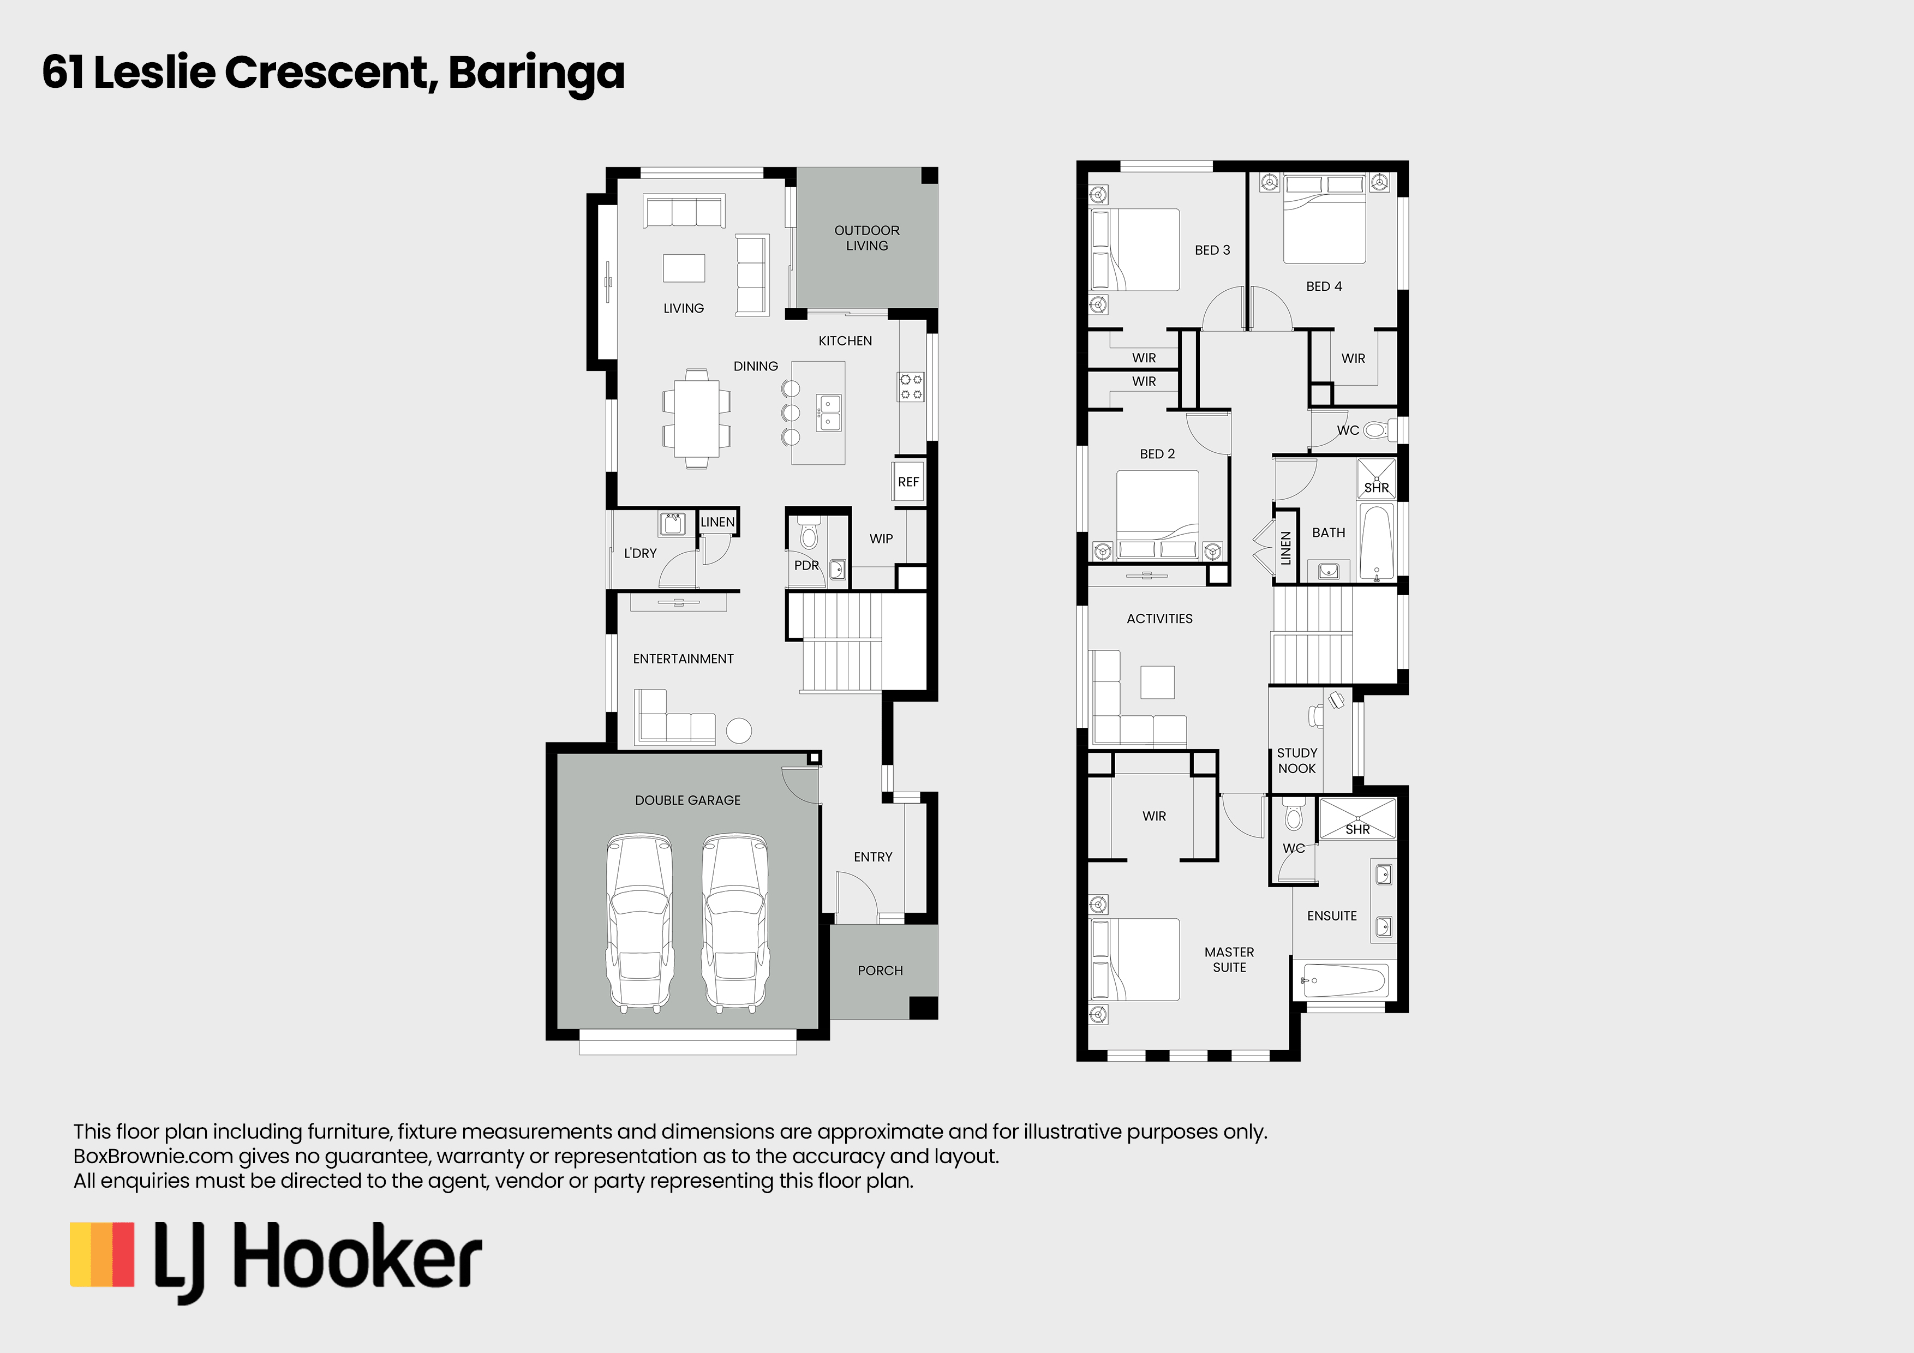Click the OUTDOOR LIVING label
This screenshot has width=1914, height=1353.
click(867, 237)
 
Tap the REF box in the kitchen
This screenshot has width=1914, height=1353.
click(908, 482)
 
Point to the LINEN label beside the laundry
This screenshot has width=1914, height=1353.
click(718, 522)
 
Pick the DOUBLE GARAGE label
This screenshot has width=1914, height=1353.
click(687, 800)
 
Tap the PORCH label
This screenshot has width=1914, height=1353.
click(880, 971)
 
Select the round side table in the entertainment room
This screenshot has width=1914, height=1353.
click(739, 731)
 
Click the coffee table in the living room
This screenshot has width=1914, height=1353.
click(684, 267)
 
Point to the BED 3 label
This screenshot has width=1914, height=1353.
click(1212, 250)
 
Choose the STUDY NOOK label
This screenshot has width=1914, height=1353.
click(1297, 761)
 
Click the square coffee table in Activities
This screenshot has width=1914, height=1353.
click(1157, 682)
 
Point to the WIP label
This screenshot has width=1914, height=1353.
click(881, 538)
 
